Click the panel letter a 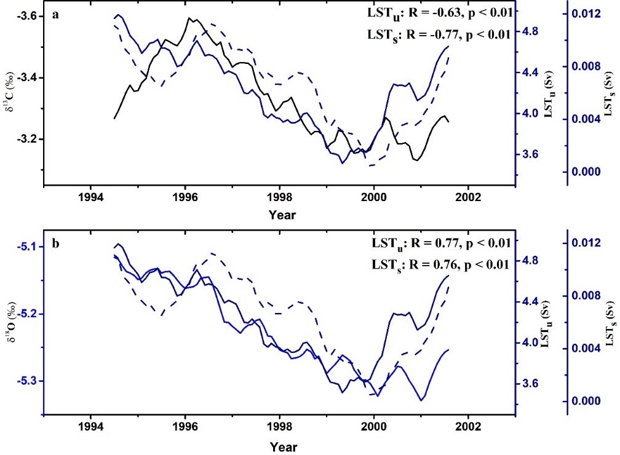pyautogui.click(x=55, y=15)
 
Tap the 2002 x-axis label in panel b pyautogui.click(x=468, y=428)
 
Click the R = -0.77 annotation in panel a pyautogui.click(x=440, y=34)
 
